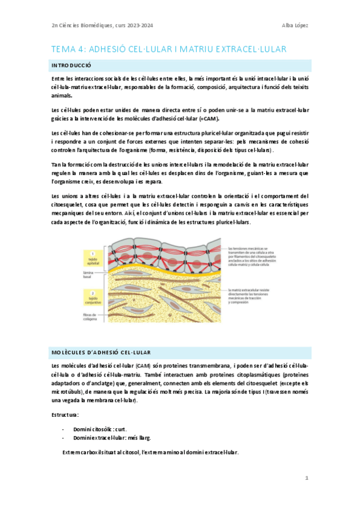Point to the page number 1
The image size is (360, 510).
[307, 478]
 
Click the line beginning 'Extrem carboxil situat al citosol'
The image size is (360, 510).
[150, 452]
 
